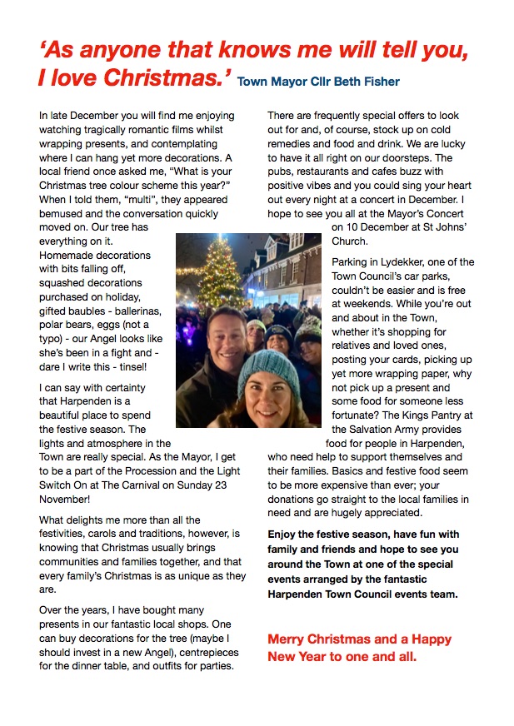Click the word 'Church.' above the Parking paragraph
(x=349, y=241)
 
